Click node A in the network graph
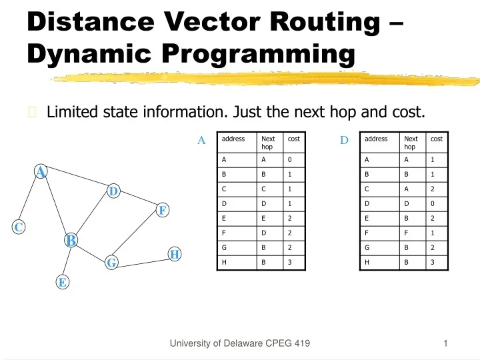point(41,172)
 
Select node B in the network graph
point(71,240)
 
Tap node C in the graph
point(19,227)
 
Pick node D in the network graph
point(113,191)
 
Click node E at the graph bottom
point(62,282)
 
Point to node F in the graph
point(161,211)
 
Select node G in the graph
point(111,263)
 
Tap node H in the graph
point(175,254)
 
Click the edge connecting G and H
point(143,259)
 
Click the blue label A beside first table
point(201,140)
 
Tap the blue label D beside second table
point(344,140)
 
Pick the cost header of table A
point(293,139)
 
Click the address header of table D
point(376,139)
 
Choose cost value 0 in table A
point(289,160)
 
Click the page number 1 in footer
point(445,343)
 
